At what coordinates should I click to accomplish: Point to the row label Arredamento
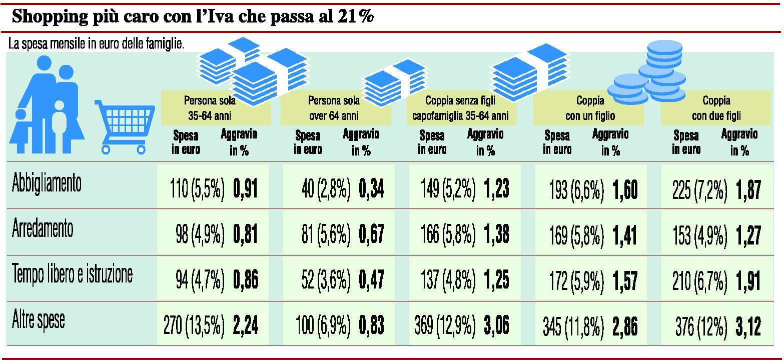pos(43,229)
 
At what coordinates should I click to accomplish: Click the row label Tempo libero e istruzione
pos(72,274)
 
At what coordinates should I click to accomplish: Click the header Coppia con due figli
pos(716,108)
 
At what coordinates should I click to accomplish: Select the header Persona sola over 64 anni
pos(334,108)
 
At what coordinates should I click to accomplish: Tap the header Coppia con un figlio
pos(590,108)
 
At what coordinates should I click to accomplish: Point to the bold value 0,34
pos(371,190)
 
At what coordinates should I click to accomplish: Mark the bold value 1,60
pos(624,190)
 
